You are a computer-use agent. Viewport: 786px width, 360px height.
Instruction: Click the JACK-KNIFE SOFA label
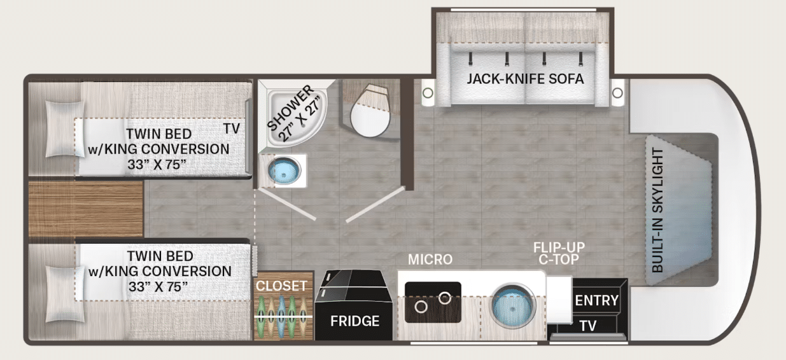coord(525,79)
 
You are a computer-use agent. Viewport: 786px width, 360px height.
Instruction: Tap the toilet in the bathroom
coord(371,111)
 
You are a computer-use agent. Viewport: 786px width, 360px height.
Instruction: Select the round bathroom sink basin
coord(284,170)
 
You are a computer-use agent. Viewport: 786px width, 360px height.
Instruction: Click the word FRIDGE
coord(354,321)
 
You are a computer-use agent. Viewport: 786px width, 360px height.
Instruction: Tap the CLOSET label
coord(281,286)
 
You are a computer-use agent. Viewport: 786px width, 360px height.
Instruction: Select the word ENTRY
coord(596,300)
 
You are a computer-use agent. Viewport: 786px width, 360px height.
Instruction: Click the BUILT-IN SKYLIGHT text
coord(657,210)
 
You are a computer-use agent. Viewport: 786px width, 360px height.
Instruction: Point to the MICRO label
coord(430,260)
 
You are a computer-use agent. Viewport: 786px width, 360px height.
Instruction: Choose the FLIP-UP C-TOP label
coord(559,253)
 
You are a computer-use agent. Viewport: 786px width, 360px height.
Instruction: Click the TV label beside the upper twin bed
coord(232,128)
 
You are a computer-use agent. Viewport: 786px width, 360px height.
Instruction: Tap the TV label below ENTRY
coord(587,326)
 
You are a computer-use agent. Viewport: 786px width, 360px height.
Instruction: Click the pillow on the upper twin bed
coord(65,128)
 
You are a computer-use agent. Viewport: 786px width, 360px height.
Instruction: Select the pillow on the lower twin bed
coord(66,294)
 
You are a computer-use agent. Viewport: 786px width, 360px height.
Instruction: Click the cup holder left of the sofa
coord(428,93)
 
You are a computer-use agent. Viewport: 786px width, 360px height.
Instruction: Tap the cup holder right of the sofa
coord(617,93)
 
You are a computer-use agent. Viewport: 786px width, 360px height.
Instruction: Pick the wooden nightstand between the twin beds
coord(86,209)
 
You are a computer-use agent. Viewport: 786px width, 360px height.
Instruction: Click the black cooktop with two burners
coord(433,302)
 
